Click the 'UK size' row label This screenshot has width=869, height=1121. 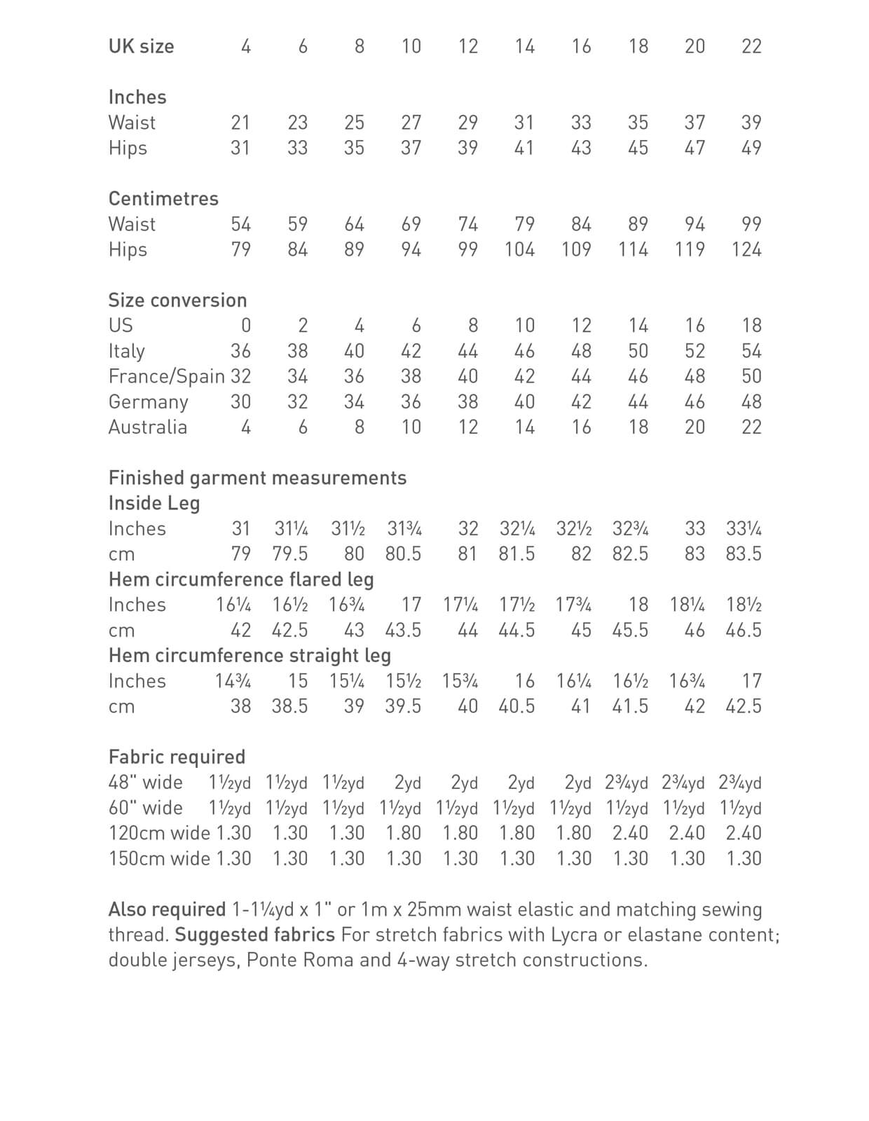(141, 46)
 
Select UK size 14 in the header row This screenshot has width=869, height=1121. (524, 46)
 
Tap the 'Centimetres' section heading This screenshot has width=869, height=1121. (163, 199)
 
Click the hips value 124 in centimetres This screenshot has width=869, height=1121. (746, 249)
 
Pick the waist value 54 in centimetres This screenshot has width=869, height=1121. (240, 224)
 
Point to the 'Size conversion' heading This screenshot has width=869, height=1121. (177, 301)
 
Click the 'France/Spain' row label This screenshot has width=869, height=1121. (166, 376)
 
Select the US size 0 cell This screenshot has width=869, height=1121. (245, 326)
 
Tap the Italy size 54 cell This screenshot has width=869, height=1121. (751, 351)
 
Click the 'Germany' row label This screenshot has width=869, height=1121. (148, 402)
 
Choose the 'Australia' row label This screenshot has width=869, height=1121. (147, 427)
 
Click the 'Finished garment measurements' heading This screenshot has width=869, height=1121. (257, 478)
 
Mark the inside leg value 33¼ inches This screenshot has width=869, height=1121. (744, 529)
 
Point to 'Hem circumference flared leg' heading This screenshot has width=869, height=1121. (241, 579)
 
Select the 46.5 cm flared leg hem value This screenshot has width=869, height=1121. (744, 631)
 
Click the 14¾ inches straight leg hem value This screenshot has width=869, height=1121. (233, 681)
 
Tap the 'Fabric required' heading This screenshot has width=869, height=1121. (177, 757)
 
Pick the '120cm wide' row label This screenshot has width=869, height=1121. (159, 834)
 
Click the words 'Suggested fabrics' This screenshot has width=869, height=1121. (254, 935)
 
